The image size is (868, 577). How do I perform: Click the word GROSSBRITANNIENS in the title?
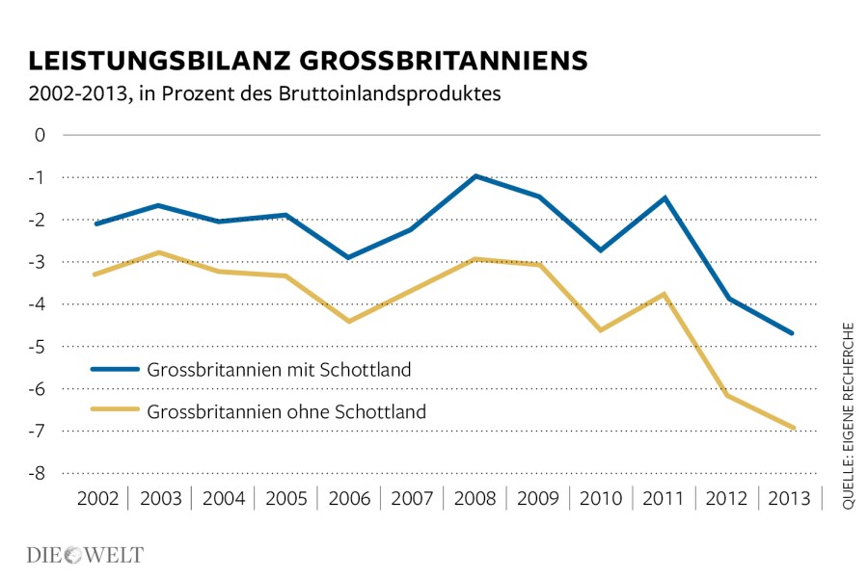[x=440, y=61]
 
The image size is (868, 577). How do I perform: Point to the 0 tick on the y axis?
[x=41, y=135]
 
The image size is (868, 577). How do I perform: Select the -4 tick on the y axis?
[x=38, y=304]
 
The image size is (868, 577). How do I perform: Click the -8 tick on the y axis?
[x=38, y=473]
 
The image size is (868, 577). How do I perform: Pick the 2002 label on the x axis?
[x=97, y=499]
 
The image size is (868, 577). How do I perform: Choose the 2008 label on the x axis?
[x=475, y=499]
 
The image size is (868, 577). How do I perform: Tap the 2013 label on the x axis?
[x=790, y=499]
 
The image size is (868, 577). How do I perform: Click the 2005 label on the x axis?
[x=286, y=499]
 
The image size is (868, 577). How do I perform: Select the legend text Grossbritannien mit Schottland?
[x=280, y=369]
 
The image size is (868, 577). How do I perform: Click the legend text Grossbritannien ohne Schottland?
[x=286, y=411]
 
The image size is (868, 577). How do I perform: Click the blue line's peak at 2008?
[x=475, y=176]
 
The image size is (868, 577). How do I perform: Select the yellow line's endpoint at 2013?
[x=793, y=428]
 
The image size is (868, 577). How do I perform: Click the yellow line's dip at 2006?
[x=349, y=321]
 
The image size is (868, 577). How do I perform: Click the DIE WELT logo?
[x=84, y=555]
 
